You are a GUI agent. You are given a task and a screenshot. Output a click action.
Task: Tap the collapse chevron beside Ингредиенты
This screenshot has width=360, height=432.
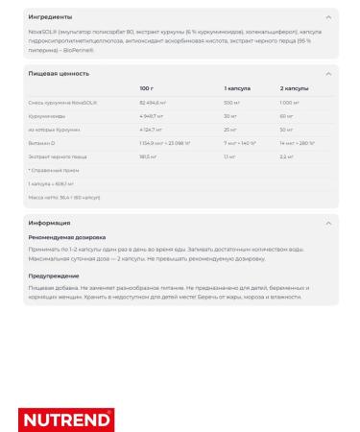pos(330,16)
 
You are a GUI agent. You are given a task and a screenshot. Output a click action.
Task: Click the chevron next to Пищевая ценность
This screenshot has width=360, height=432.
pos(330,72)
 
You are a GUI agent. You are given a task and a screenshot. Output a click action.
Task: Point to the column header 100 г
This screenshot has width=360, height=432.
pos(146,87)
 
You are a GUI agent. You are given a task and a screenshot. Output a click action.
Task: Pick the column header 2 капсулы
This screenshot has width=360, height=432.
pos(293,87)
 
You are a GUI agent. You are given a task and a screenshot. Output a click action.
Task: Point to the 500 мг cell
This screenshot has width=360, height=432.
pos(231,101)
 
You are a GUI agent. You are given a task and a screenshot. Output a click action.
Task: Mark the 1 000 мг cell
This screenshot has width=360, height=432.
pos(291,101)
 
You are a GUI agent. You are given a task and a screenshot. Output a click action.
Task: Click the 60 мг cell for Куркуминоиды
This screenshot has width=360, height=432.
pos(287,114)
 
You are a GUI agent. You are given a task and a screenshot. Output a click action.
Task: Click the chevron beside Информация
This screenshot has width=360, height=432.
pos(330,223)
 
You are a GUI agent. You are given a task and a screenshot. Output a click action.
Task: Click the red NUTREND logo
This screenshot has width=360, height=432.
pos(66,420)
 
